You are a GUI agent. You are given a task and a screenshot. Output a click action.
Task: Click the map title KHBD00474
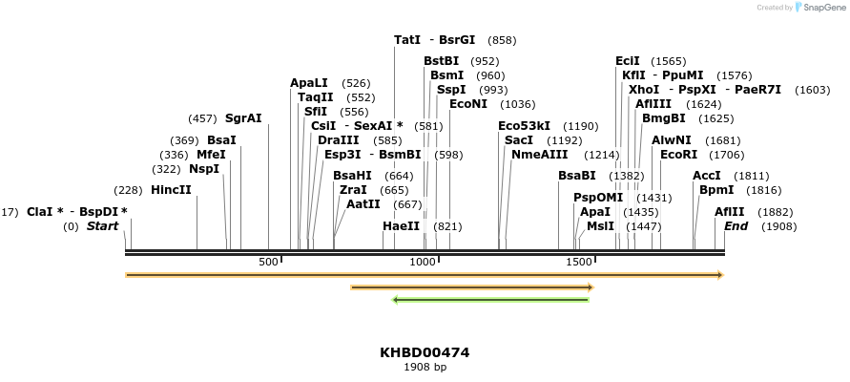(x=425, y=352)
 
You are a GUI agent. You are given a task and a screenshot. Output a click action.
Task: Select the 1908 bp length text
(x=425, y=367)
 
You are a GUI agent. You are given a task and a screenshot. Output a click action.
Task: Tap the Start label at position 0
(x=103, y=226)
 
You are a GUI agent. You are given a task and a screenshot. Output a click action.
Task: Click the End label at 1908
(x=736, y=226)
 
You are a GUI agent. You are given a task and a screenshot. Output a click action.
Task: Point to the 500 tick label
(x=268, y=262)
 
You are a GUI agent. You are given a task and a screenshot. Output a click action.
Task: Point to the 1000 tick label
(x=422, y=262)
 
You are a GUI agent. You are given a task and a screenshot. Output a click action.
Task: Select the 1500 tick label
(x=578, y=262)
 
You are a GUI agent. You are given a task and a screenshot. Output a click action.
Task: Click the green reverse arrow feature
(x=491, y=300)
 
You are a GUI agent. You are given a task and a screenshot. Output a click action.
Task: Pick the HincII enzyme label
(x=171, y=189)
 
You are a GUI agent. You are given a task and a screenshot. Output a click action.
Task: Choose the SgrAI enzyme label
(x=243, y=118)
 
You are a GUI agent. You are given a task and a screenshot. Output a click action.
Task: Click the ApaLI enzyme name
(x=309, y=83)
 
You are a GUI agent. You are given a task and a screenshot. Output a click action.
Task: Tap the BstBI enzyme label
(x=442, y=61)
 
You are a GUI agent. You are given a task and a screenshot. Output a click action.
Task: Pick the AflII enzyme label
(x=730, y=211)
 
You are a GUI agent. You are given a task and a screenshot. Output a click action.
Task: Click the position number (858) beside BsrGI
(x=502, y=40)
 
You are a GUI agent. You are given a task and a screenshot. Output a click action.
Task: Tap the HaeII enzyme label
(x=401, y=226)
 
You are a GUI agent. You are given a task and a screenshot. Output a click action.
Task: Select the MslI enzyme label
(x=600, y=226)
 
